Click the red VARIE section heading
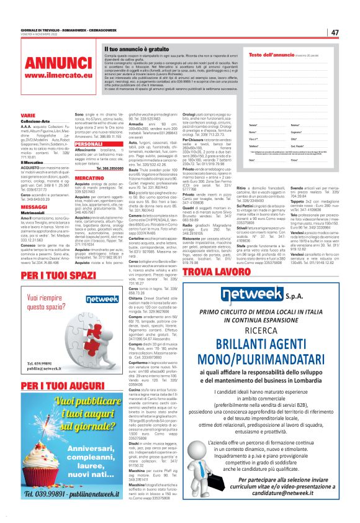[x=28, y=116]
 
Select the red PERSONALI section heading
[x=88, y=143]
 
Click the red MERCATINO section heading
[x=89, y=178]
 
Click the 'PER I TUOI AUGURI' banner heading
[x=56, y=385]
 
